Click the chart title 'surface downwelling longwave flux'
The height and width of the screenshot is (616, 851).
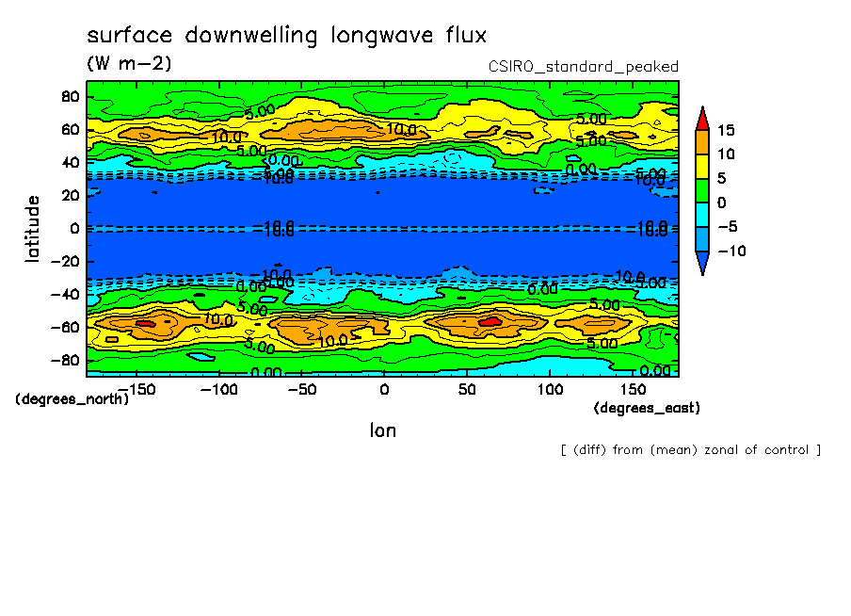coord(286,36)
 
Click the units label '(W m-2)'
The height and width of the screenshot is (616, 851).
coord(129,64)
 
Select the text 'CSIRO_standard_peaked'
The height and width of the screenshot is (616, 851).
coord(583,67)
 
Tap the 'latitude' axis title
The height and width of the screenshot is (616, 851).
coord(33,228)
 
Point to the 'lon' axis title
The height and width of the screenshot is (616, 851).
coord(383,430)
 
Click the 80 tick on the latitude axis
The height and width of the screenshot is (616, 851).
coord(69,97)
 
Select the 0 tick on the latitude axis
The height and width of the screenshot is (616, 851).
coord(73,229)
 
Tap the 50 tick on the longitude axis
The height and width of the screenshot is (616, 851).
coord(466,389)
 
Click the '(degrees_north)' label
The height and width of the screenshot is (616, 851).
coord(72,399)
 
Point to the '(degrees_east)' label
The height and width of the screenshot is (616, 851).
coord(647,408)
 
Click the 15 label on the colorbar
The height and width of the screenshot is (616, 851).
coord(725,130)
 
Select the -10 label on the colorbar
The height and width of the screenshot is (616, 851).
coord(730,251)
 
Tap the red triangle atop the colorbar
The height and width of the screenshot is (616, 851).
coord(701,119)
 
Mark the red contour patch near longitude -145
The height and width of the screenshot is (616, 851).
coord(144,323)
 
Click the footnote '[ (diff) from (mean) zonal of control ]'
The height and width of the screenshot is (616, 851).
coord(690,450)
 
